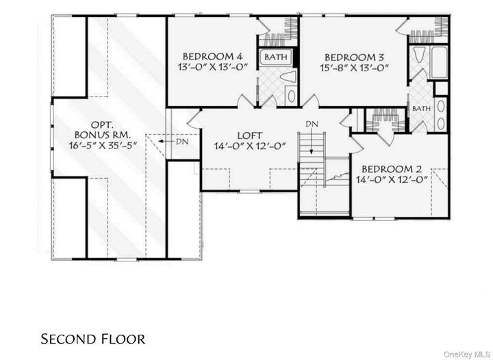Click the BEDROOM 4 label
[x=212, y=56]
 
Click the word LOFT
[x=250, y=136]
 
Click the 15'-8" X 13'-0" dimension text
[x=354, y=68]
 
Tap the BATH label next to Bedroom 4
[x=277, y=57]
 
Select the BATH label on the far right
[x=421, y=109]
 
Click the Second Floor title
[x=92, y=339]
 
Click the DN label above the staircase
[x=312, y=124]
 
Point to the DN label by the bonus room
[x=182, y=142]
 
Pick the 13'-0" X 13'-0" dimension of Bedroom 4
[x=212, y=67]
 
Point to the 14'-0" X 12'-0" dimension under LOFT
[x=250, y=146]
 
